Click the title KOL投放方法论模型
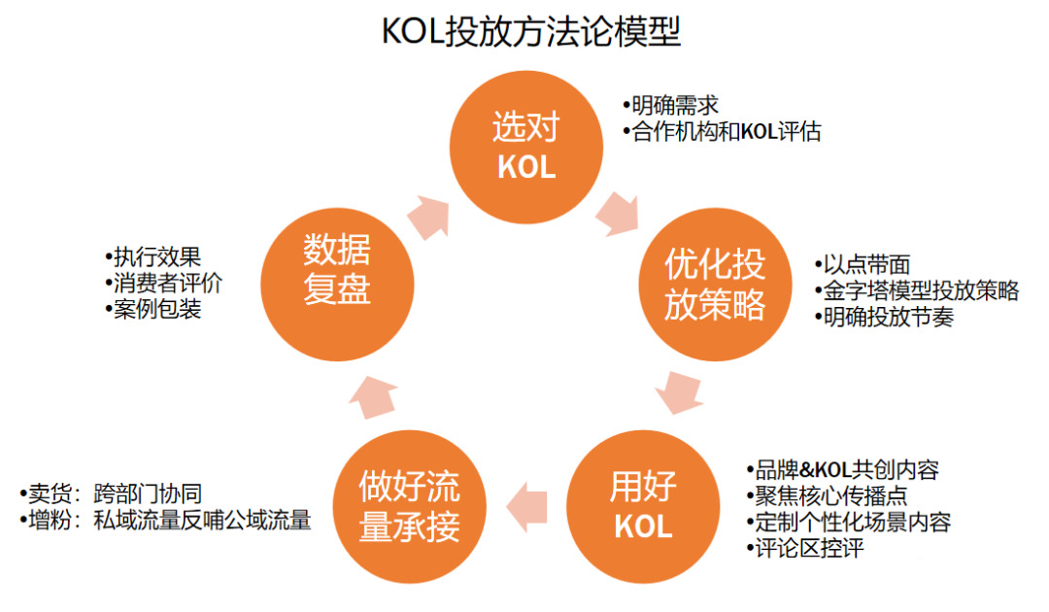tap(530, 32)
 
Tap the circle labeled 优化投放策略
tap(715, 284)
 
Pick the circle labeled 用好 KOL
tap(642, 506)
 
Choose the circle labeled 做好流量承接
tap(410, 506)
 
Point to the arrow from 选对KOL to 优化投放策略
tap(618, 214)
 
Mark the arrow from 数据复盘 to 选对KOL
tap(428, 217)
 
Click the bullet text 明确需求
tap(673, 105)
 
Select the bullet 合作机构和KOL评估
tap(725, 131)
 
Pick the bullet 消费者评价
tap(164, 283)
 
